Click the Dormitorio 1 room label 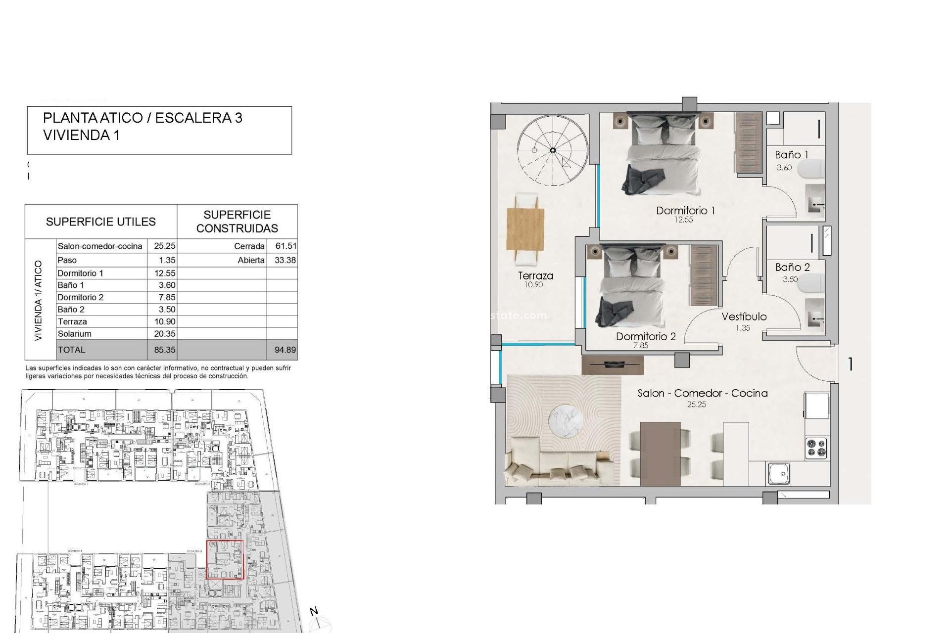click(685, 211)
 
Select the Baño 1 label click(791, 155)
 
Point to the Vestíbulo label click(744, 316)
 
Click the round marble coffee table click(569, 421)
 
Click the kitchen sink click(779, 473)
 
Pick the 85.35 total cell click(164, 350)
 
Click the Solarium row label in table click(75, 334)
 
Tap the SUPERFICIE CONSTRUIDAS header click(237, 222)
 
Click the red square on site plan click(225, 559)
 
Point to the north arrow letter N click(314, 611)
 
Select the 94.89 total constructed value click(285, 350)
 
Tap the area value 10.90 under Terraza click(533, 285)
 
